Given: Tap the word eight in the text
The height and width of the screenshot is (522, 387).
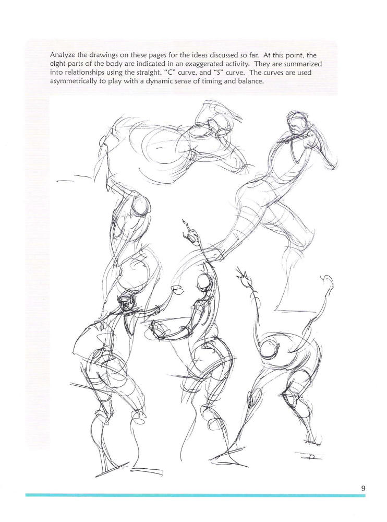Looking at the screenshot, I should click(60, 64).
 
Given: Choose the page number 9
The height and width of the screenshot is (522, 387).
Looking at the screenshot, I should click(363, 489).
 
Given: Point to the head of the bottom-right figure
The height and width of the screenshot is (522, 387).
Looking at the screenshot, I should click(272, 346).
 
